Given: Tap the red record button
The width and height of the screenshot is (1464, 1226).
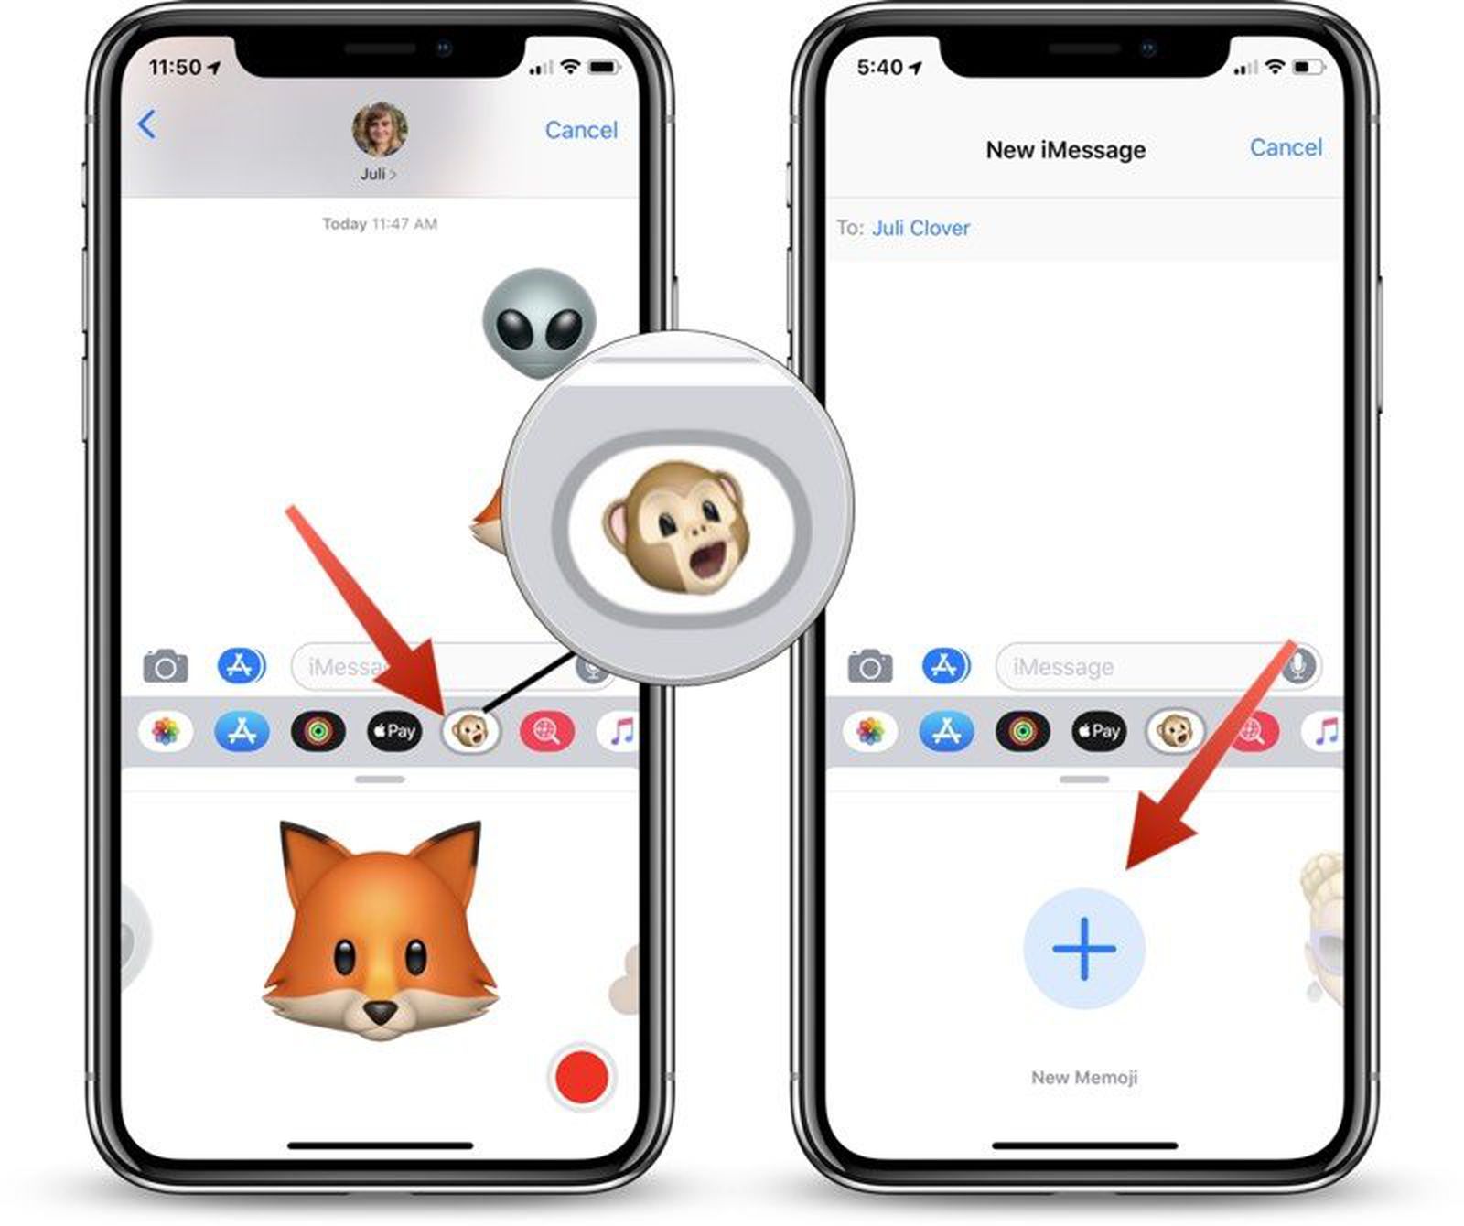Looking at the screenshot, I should click(x=582, y=1076).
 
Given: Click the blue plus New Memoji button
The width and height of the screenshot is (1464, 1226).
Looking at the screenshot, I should click(x=1084, y=948).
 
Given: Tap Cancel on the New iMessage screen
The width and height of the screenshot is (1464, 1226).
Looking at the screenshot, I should click(x=1286, y=147).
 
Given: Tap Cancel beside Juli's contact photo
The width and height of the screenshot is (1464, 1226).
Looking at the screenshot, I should click(x=581, y=130).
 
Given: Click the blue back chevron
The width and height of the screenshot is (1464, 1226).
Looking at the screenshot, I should click(x=146, y=124).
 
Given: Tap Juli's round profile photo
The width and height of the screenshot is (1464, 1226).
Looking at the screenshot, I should click(x=380, y=130).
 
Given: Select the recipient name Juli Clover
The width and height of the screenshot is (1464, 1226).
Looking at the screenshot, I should click(x=920, y=228).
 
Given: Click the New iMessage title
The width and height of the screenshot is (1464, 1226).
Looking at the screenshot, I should click(x=1065, y=150).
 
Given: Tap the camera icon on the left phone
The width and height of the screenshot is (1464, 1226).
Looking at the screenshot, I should click(x=166, y=666).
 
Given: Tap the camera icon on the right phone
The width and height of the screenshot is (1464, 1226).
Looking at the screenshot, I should click(x=870, y=666).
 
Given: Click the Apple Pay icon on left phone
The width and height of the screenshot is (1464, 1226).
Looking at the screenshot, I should click(x=394, y=732).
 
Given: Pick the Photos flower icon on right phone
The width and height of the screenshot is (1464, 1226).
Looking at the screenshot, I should click(x=870, y=732).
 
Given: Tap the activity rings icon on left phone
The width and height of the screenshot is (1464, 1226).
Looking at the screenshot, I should click(x=318, y=732).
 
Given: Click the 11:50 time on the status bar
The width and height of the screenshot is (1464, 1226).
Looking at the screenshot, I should click(x=176, y=68).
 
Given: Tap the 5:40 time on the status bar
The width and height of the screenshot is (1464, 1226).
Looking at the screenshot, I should click(x=880, y=68).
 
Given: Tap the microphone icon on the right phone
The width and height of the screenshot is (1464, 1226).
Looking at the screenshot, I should click(x=1297, y=666).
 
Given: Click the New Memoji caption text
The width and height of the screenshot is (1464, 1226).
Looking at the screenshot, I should click(x=1084, y=1078).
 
